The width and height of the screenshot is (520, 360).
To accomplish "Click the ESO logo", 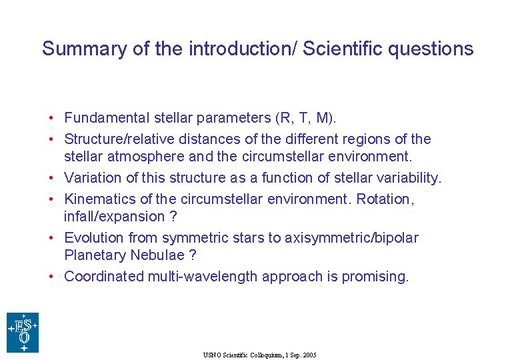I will tap(23, 332).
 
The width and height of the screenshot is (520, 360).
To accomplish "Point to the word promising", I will tap(375, 276).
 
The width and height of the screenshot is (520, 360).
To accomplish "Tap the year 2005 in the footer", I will tap(309, 355).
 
